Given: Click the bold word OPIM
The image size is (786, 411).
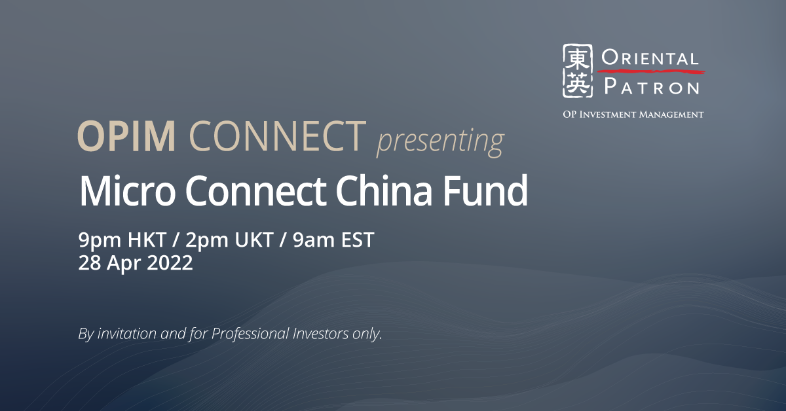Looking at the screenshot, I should click(x=126, y=137).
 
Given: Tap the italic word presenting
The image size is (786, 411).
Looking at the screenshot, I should click(x=440, y=140).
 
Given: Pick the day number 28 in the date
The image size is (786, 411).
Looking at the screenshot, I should click(x=88, y=263).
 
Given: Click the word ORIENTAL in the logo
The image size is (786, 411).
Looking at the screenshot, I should click(x=650, y=59).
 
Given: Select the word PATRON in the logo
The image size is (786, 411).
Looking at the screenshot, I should click(x=650, y=86).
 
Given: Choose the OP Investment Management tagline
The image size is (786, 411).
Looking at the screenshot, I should click(x=633, y=115).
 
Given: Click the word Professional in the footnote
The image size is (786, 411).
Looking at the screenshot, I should click(x=246, y=334).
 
